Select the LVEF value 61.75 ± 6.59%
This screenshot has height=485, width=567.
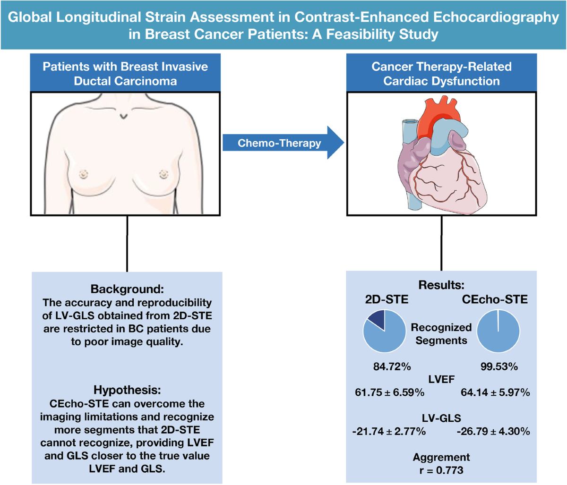point(388,392)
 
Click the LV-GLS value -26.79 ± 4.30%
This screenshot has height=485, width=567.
point(493,432)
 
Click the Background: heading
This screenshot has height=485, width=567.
point(126,289)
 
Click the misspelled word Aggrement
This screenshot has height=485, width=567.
point(441,457)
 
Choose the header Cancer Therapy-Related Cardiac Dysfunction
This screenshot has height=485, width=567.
point(441,73)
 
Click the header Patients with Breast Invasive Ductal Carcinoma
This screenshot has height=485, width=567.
point(126,73)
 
